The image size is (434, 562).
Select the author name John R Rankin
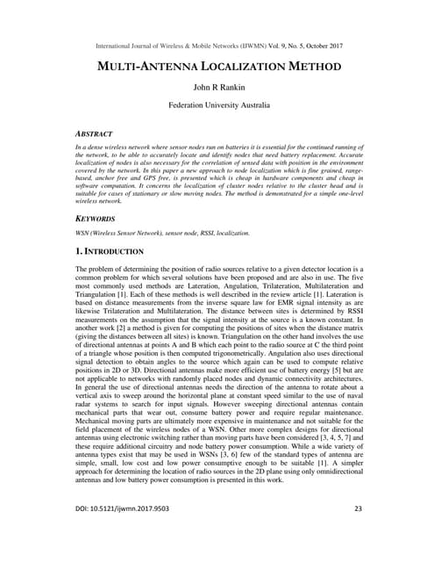click(216, 89)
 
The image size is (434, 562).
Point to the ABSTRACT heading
click(96, 133)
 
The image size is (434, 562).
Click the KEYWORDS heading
click(96, 219)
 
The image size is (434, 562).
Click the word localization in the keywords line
click(231, 233)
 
